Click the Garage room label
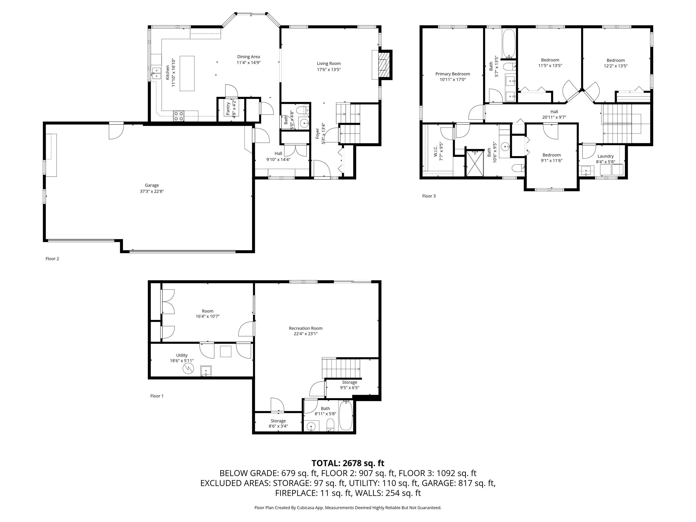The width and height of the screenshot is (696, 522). [152, 185]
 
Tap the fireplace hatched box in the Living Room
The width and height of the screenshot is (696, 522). [383, 65]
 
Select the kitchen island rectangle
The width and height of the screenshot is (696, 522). [187, 73]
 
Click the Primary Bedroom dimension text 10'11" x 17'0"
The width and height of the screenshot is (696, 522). [452, 80]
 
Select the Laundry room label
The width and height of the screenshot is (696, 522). [605, 156]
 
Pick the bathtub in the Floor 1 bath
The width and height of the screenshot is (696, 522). [346, 415]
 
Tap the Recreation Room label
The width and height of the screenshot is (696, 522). [306, 328]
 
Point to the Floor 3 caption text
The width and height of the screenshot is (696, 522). [429, 196]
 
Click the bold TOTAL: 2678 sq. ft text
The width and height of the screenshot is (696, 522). [348, 463]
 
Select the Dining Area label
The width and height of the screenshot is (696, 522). [249, 57]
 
